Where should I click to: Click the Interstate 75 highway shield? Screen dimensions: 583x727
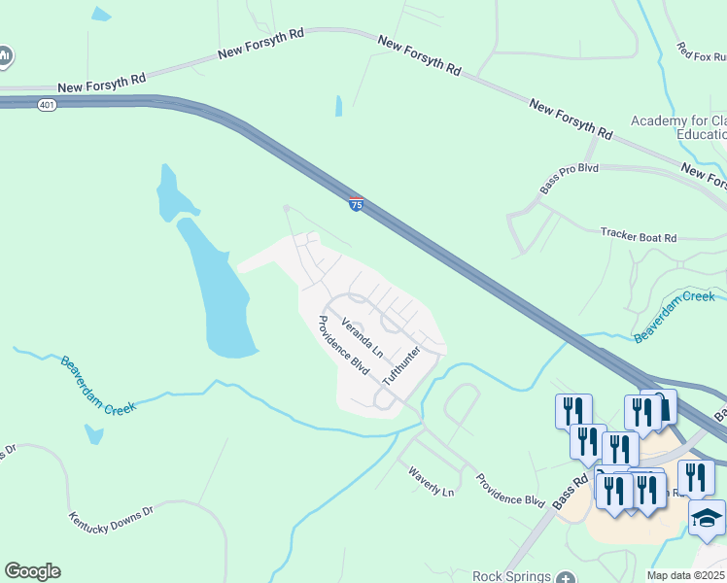click(x=357, y=204)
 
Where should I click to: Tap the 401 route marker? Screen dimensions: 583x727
click(x=47, y=104)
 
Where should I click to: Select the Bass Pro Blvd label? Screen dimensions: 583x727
click(x=569, y=180)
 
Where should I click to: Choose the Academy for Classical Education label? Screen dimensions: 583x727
click(x=677, y=127)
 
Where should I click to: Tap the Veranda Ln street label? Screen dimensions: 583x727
click(x=363, y=334)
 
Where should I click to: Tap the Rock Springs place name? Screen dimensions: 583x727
click(x=511, y=576)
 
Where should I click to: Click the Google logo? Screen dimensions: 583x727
click(x=32, y=571)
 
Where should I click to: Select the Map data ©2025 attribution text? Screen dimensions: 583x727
click(x=685, y=575)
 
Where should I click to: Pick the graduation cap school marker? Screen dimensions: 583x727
click(x=707, y=517)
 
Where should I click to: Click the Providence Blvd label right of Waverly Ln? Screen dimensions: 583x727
click(x=509, y=490)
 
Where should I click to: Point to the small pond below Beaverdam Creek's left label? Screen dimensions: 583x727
click(x=93, y=434)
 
